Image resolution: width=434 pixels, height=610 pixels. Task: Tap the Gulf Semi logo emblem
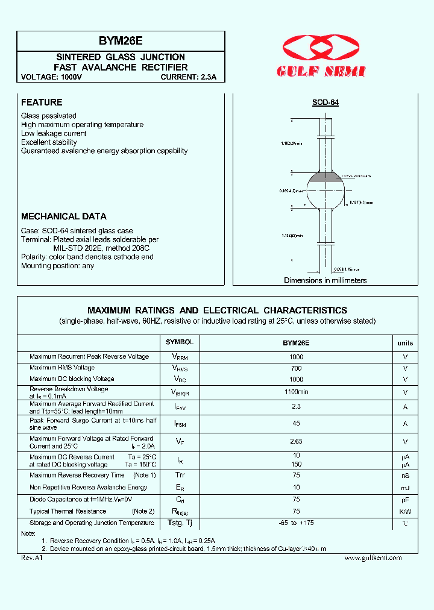tap(321, 48)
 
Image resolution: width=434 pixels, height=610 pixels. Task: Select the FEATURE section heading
tap(42, 102)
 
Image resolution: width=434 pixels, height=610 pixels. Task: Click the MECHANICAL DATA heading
tap(64, 216)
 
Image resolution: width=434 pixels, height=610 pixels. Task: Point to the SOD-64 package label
tap(325, 102)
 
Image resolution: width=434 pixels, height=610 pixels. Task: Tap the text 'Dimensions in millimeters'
tap(325, 280)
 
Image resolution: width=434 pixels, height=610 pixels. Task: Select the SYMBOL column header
tap(180, 342)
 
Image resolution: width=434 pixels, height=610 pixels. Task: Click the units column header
tap(405, 343)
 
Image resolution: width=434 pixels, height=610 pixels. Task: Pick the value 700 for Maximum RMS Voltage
tap(296, 368)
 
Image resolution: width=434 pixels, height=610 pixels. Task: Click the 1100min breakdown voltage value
tap(296, 392)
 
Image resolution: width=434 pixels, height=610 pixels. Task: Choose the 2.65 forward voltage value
tap(296, 442)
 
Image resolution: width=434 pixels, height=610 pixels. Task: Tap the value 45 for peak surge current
tap(296, 424)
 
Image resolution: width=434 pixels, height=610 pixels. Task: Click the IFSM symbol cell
tap(180, 424)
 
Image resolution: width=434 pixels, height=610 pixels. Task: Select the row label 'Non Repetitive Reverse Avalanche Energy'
tap(88, 487)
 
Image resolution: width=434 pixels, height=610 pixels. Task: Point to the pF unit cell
tap(405, 500)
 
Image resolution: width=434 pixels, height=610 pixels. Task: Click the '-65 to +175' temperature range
tap(296, 523)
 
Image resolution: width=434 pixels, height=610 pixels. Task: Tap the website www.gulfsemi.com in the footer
tap(373, 558)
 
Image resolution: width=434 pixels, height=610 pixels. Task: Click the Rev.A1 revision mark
tap(33, 558)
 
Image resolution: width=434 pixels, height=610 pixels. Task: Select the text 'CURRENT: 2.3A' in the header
tap(192, 77)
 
